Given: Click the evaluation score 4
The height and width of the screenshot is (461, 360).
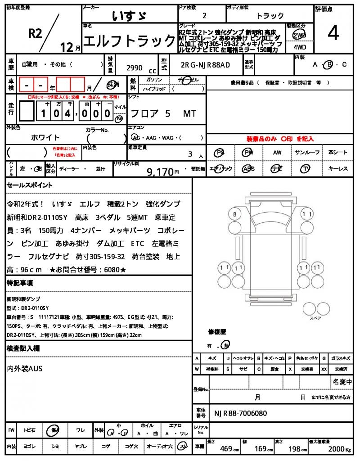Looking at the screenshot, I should (333, 33).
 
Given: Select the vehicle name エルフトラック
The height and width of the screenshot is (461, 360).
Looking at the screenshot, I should (130, 41).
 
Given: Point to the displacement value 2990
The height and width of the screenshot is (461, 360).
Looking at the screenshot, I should (135, 68).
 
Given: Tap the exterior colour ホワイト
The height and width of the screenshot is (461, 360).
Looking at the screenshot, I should (45, 137).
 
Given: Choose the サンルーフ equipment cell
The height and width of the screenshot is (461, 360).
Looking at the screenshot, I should (307, 153).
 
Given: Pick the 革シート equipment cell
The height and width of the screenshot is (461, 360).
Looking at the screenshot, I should (337, 153).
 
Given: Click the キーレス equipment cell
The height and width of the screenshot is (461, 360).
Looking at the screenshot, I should (337, 169).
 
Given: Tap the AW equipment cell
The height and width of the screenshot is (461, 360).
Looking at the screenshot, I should (277, 153).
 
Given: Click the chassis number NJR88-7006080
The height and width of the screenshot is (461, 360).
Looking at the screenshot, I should (241, 413).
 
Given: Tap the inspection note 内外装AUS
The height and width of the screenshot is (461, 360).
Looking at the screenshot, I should (25, 369).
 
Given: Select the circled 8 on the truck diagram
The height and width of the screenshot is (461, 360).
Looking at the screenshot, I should (234, 214).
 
